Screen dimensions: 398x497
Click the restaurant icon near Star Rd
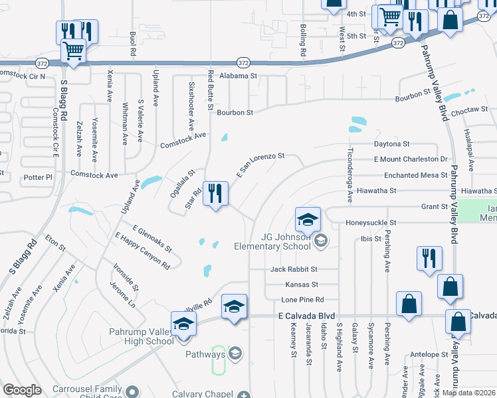pyautogui.click(x=215, y=194)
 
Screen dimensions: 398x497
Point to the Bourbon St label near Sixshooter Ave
pyautogui.click(x=235, y=113)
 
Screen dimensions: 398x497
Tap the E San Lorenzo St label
pyautogui.click(x=260, y=165)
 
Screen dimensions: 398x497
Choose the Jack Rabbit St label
pyautogui.click(x=294, y=269)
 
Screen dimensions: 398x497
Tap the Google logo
pyautogui.click(x=22, y=390)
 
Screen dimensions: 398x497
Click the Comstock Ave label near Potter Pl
pyautogui.click(x=94, y=175)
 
